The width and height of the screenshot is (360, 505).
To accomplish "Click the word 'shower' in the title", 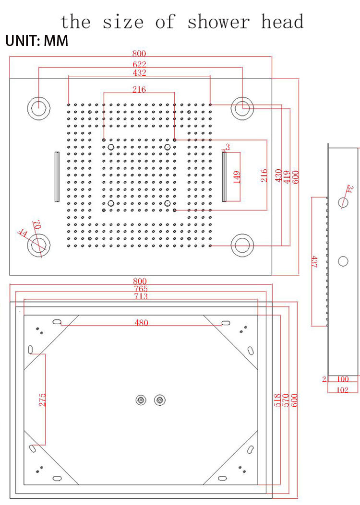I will (218, 22).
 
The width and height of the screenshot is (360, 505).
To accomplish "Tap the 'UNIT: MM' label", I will (36, 41).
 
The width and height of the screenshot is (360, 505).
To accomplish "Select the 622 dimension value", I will (140, 64).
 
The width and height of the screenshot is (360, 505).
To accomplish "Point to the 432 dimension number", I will (140, 73).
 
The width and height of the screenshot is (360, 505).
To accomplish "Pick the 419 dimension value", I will (286, 177).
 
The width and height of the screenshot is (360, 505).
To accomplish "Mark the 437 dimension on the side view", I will (315, 261).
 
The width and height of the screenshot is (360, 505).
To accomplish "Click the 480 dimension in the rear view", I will (141, 323).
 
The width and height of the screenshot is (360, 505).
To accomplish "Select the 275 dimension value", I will (42, 399).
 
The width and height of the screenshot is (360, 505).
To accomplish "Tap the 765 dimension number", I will (141, 289).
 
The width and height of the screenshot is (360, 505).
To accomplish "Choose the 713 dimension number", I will (141, 296).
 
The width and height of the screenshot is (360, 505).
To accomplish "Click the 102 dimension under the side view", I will (343, 389).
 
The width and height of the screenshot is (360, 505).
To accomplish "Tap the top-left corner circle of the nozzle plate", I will (38, 108).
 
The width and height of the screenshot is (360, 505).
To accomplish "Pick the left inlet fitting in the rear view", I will (141, 399).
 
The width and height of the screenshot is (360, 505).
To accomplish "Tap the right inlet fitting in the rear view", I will (159, 399).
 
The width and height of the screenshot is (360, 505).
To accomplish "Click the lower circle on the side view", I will (343, 261).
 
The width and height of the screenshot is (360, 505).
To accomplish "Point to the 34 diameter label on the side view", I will (349, 190).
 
